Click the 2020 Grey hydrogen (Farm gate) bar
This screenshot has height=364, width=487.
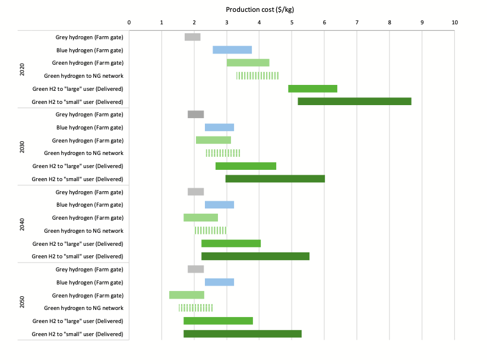192,37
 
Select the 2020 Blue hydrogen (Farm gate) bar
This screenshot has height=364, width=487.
232,50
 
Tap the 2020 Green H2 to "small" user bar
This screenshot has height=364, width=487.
355,102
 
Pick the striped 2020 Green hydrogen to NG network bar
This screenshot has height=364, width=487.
257,75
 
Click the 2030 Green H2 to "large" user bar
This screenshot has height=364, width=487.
246,166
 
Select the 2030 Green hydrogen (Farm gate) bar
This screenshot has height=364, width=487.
213,140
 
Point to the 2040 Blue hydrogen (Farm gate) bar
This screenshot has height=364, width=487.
219,205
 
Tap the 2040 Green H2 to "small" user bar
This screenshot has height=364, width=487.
255,257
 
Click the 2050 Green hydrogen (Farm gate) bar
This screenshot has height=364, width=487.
186,295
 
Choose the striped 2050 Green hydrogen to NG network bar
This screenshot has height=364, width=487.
195,308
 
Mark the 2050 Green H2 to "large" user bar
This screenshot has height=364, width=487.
218,321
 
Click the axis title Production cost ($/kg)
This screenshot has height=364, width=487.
260,10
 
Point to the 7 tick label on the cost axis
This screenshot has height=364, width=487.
357,23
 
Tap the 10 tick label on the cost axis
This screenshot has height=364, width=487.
455,23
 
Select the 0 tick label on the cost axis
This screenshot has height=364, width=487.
129,23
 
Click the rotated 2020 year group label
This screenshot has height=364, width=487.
22,69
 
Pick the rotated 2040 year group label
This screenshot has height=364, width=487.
22,224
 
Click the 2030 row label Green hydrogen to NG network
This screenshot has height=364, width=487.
84,153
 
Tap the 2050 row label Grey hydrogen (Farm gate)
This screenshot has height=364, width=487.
90,270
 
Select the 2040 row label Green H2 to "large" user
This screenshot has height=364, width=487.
78,244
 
